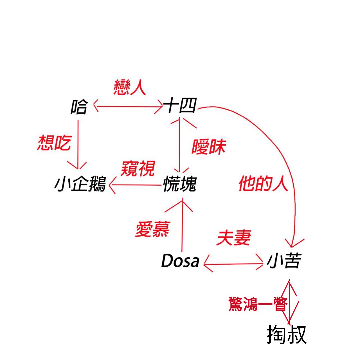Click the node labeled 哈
point(79,107)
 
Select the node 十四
point(180,107)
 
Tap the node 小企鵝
point(80,184)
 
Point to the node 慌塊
point(180,184)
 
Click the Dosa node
point(180,261)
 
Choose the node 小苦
point(284,261)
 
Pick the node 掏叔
point(286,335)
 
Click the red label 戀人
point(130,88)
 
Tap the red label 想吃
point(54,143)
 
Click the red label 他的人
point(263,184)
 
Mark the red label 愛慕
point(152,230)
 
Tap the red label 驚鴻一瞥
point(257,304)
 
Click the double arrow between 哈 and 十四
point(128,107)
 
